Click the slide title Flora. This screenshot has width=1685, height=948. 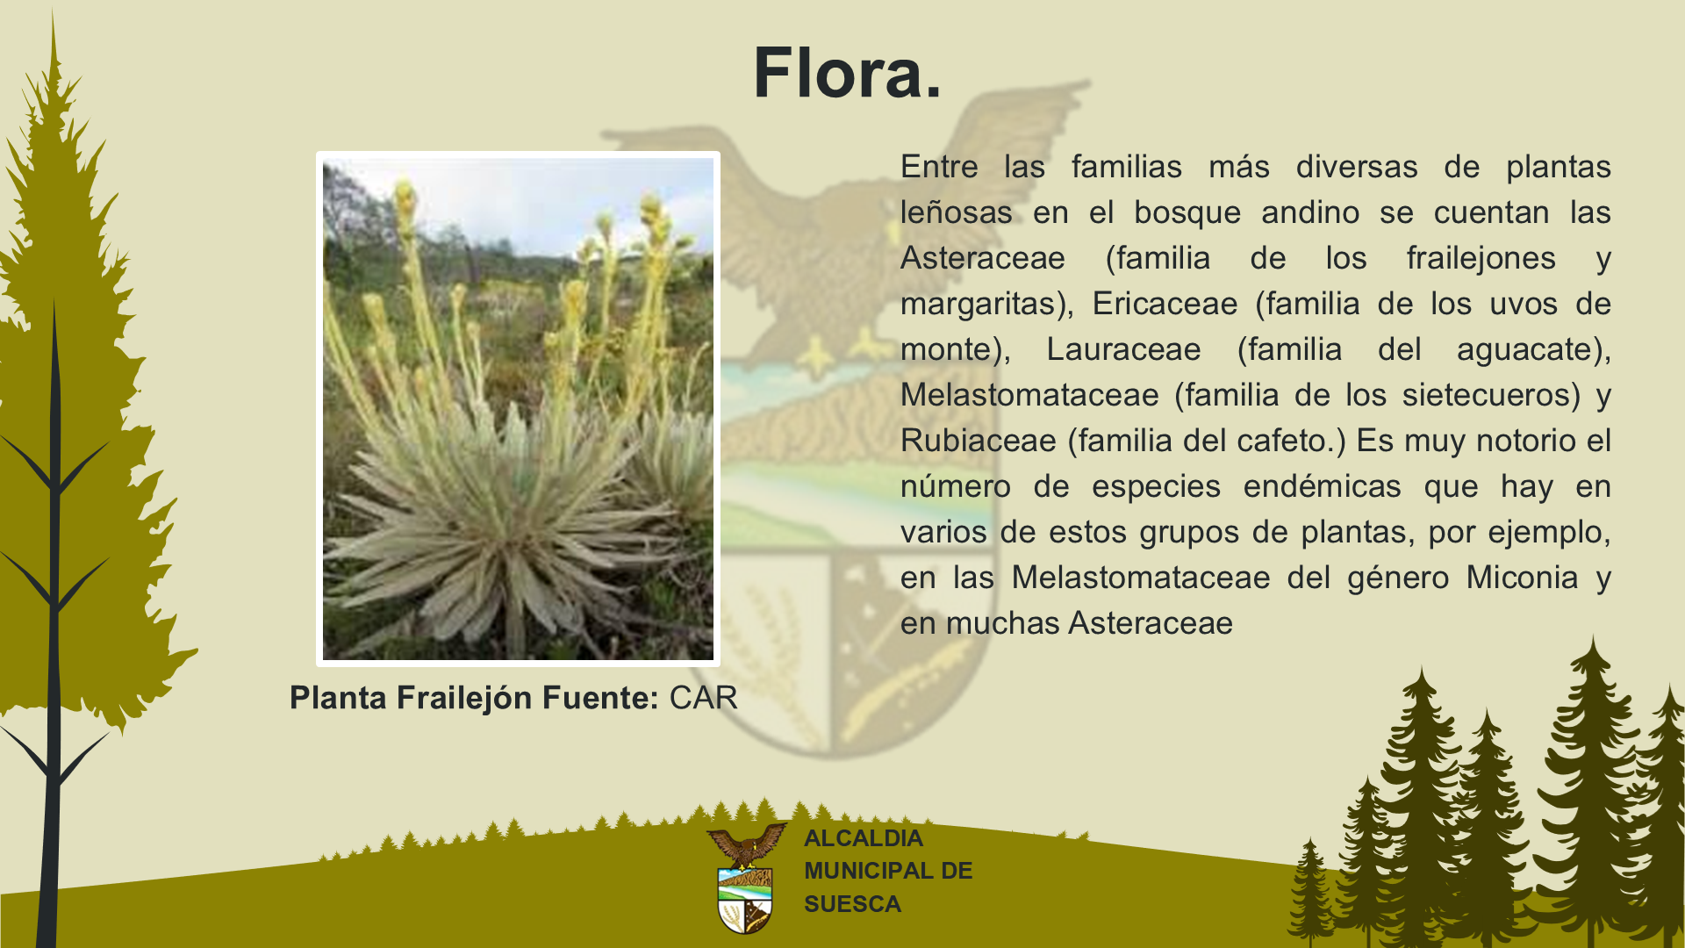847,72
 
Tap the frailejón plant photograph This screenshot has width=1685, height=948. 518,409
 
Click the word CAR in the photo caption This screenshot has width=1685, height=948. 703,698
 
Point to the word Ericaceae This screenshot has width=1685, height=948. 1165,304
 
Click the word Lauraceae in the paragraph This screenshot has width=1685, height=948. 1123,349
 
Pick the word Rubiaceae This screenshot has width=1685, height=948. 979,441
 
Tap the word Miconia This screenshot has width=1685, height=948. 1522,578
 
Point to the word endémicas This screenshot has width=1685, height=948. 1322,486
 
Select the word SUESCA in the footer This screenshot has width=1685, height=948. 852,904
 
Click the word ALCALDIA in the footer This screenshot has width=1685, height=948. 864,838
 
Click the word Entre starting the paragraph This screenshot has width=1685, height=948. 939,167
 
